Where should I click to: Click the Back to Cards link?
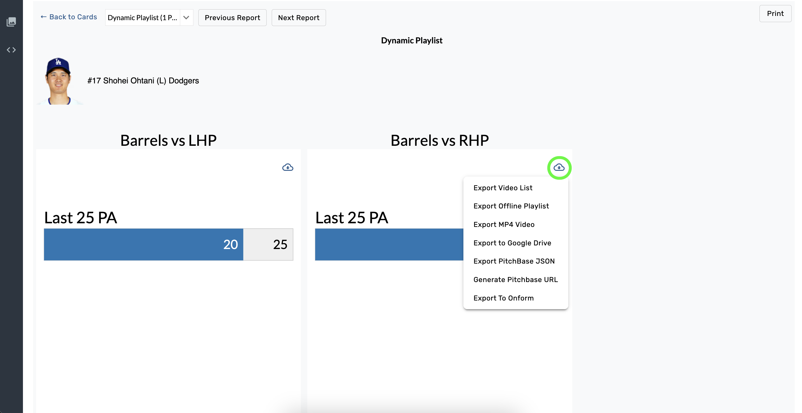click(x=69, y=17)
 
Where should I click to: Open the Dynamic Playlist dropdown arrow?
click(x=186, y=17)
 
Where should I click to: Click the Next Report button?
click(x=299, y=18)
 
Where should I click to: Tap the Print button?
click(x=775, y=13)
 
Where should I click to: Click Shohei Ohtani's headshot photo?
click(x=58, y=81)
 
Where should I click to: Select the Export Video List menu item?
click(x=503, y=188)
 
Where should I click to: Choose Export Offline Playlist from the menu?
click(x=511, y=206)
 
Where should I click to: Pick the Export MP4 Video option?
click(x=504, y=224)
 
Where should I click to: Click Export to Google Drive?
click(x=512, y=243)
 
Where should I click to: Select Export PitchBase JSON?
click(x=514, y=261)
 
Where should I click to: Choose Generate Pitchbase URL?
click(x=515, y=280)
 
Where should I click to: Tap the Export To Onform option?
click(x=503, y=298)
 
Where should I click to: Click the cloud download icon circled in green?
click(x=559, y=167)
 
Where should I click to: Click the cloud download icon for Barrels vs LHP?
click(x=287, y=167)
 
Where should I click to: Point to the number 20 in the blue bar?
click(x=230, y=244)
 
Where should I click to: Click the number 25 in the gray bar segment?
click(x=280, y=244)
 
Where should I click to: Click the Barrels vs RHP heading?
click(x=439, y=140)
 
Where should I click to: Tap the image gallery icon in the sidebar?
click(x=11, y=22)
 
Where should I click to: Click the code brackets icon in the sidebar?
click(x=11, y=50)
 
